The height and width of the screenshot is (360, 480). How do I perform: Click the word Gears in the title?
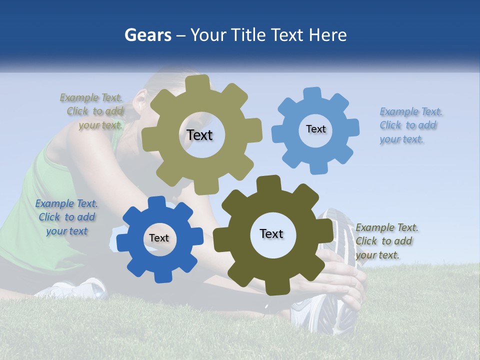[x=147, y=35]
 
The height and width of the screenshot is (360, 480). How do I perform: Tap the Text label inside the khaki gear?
[x=199, y=135]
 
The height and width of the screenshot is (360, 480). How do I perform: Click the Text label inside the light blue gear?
[x=315, y=129]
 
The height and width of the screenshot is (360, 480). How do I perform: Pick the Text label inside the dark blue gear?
[x=159, y=238]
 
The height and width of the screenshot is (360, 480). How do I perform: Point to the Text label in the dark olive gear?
[x=271, y=234]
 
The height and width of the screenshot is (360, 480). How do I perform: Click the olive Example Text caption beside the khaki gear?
[x=92, y=111]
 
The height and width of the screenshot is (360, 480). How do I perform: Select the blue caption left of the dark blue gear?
[x=66, y=217]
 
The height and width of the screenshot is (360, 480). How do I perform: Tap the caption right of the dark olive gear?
[x=386, y=241]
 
